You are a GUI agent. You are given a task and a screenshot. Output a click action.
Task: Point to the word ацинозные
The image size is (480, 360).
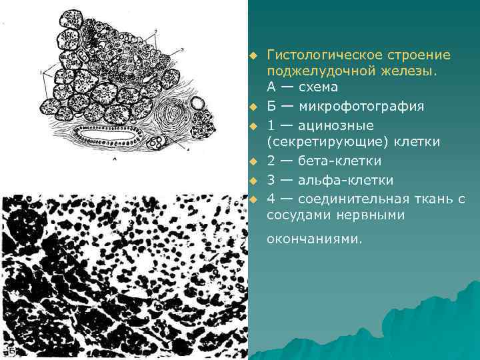point(336,125)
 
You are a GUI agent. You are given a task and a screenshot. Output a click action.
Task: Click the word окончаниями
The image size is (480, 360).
point(315,239)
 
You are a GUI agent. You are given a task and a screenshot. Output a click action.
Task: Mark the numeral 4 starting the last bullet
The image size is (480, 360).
point(271,198)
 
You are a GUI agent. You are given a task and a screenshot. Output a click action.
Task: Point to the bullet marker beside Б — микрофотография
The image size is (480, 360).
point(253,107)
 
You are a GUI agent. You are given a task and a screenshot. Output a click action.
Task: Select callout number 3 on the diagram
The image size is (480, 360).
point(182,49)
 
